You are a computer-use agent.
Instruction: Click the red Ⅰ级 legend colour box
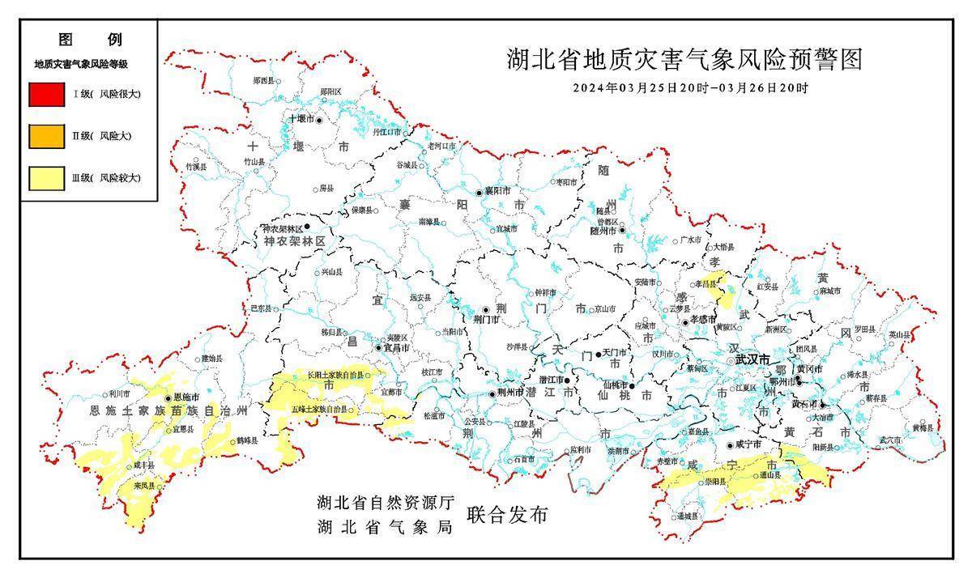[46, 94]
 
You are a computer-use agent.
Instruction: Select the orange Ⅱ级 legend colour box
[46, 136]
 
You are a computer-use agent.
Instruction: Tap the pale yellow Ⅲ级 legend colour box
[46, 178]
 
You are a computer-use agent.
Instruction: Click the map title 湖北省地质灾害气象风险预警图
[684, 60]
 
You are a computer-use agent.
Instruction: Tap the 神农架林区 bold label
[294, 241]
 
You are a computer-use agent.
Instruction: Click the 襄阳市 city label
[496, 192]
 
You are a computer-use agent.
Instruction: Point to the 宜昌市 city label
[395, 347]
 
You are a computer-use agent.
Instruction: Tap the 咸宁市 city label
[748, 444]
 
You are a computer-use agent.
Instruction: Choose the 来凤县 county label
[144, 486]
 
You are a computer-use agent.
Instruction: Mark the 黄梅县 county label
[922, 427]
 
